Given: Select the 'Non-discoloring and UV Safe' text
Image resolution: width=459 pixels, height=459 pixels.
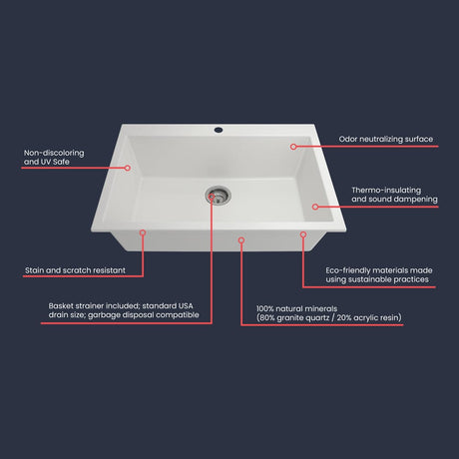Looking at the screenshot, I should tap(54, 157).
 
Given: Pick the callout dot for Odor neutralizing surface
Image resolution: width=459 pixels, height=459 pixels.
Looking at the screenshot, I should tap(293, 147).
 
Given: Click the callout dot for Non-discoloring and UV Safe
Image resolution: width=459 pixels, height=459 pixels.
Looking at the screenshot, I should tap(128, 168).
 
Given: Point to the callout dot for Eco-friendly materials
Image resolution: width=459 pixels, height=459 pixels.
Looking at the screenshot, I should tap(303, 234).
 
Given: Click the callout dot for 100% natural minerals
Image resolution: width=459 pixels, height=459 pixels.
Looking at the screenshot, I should tap(241, 239).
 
